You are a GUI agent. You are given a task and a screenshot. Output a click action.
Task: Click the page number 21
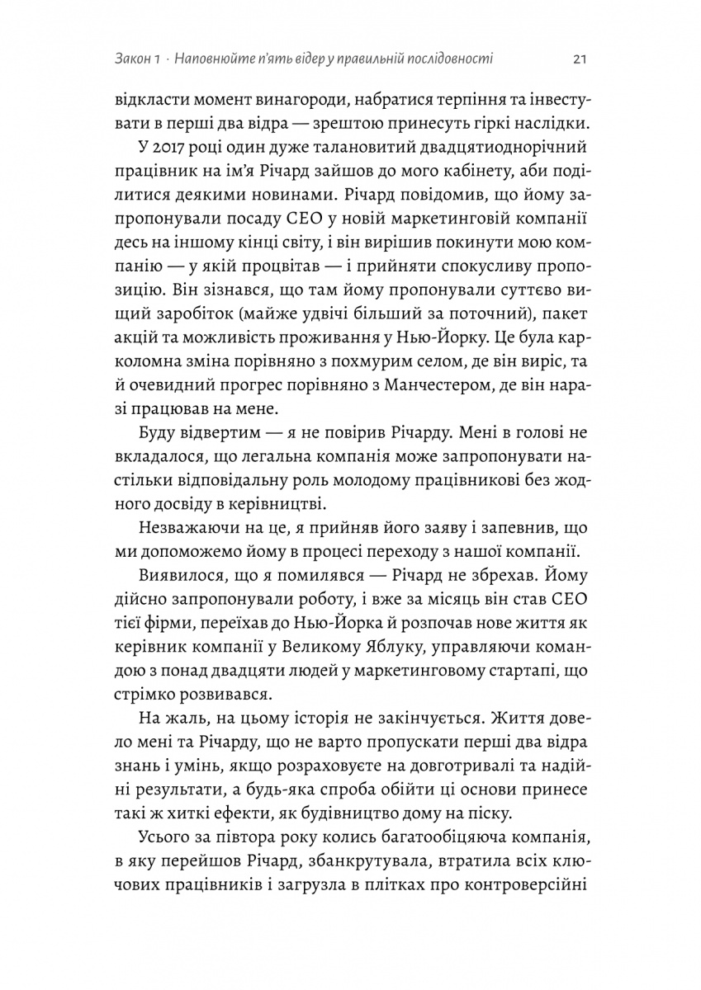point(579,59)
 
